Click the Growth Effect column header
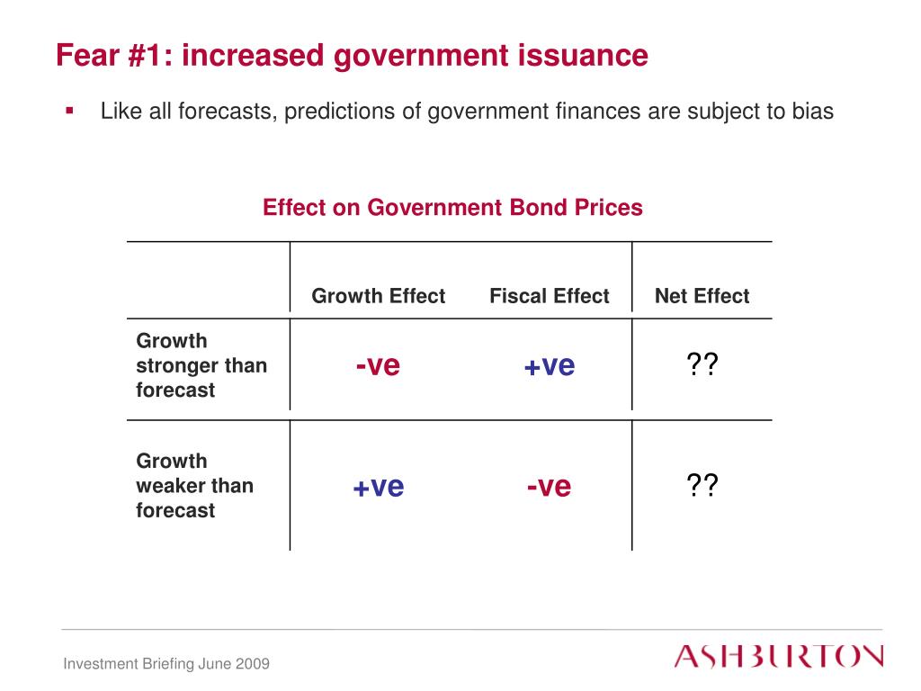point(378,296)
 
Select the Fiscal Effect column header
point(549,296)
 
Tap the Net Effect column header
point(702,296)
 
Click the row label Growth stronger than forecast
point(201,365)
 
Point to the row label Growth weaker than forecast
point(194,486)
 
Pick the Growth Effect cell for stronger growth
point(378,366)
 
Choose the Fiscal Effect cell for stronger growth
point(549,366)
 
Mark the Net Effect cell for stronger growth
point(702,366)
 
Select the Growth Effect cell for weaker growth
point(378,487)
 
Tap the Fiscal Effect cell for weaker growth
point(549,487)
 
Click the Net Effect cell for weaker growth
point(702,487)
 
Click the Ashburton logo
point(779,656)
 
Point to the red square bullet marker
point(69,111)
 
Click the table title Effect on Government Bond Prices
point(452,208)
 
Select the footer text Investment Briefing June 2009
point(166,664)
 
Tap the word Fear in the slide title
point(85,56)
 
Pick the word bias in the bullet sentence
point(813,112)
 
